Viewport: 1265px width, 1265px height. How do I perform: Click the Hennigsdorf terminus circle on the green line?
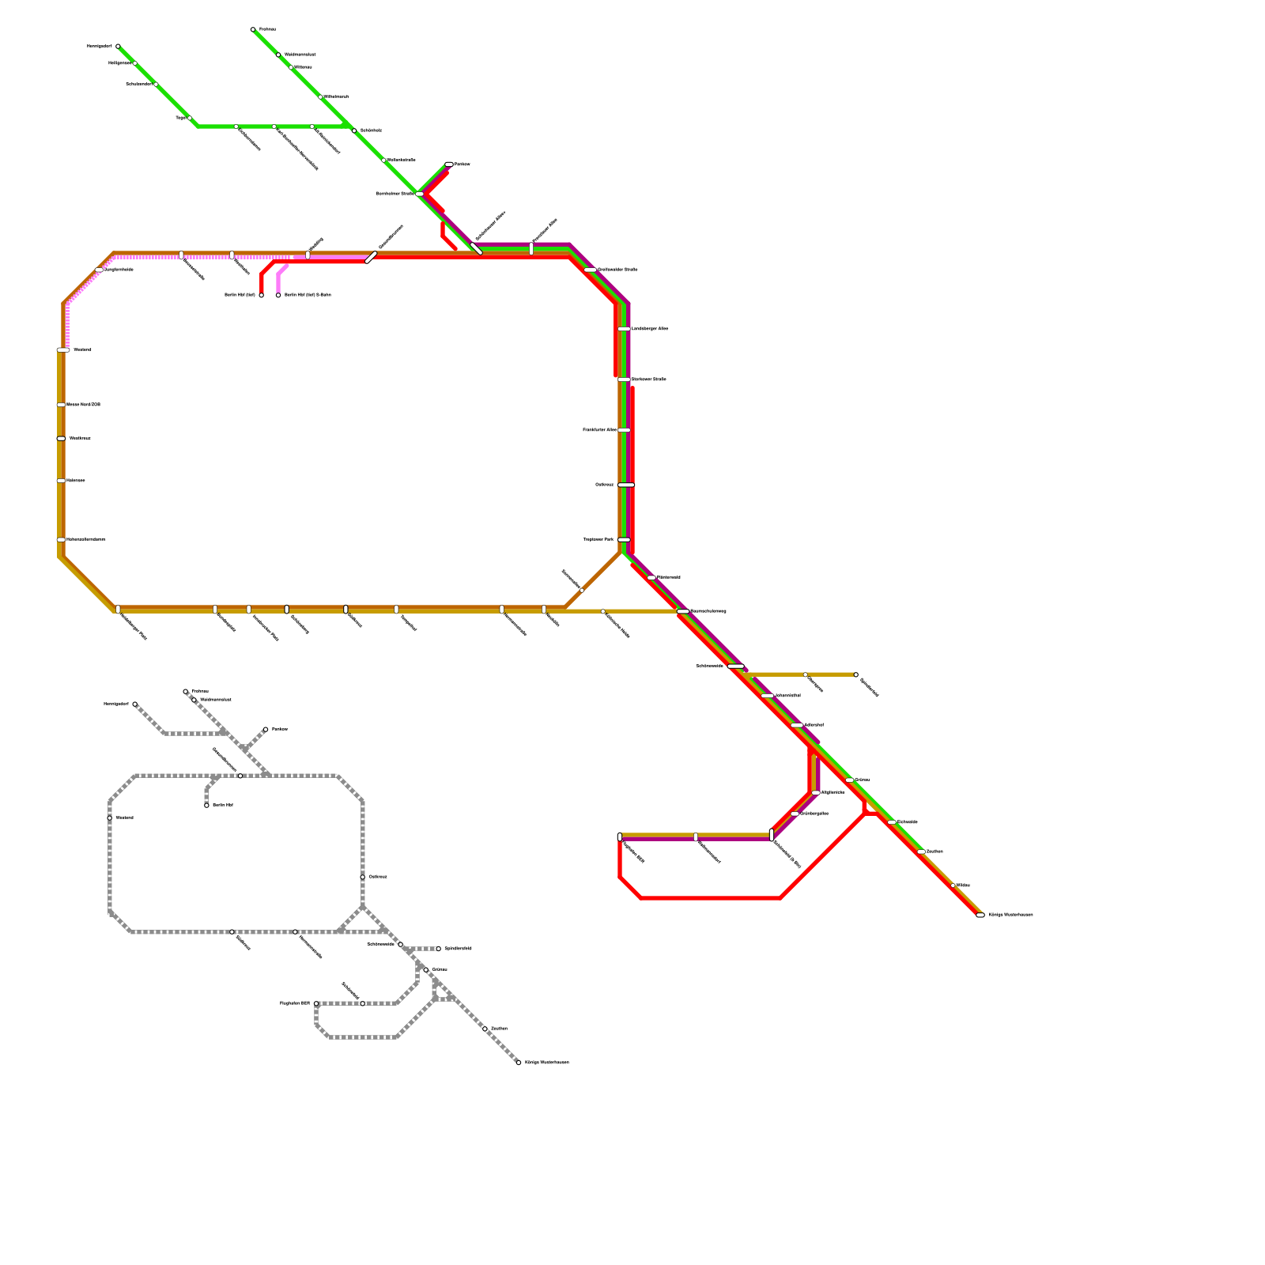point(118,47)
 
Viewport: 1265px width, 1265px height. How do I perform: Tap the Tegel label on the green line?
point(180,118)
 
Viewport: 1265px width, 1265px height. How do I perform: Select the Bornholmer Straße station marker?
point(419,194)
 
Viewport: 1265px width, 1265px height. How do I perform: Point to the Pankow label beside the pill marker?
point(463,164)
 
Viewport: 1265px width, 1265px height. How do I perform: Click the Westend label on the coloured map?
point(83,349)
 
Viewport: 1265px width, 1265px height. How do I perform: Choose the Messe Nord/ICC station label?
point(84,405)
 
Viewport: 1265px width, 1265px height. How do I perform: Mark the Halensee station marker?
point(61,481)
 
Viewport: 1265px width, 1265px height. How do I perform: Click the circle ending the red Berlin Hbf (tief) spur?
point(262,295)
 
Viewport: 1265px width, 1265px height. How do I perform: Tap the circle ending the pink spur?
point(278,295)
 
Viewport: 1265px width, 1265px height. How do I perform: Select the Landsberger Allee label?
point(650,328)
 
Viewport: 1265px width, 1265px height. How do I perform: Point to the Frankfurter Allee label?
point(599,430)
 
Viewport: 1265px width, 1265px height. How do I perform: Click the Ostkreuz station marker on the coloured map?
point(625,485)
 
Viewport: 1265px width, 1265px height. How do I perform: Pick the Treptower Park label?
point(599,539)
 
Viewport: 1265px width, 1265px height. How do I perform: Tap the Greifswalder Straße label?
point(617,270)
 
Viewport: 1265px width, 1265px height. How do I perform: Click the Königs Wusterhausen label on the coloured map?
point(1010,915)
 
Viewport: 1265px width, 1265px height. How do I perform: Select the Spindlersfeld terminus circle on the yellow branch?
point(855,674)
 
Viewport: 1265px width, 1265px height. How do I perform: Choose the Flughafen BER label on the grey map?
point(295,1003)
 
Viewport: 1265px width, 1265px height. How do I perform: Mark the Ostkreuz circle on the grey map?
point(363,877)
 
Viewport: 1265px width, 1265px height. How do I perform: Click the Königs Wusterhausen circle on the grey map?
point(519,1063)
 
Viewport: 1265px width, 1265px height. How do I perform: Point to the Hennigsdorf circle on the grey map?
point(134,704)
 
